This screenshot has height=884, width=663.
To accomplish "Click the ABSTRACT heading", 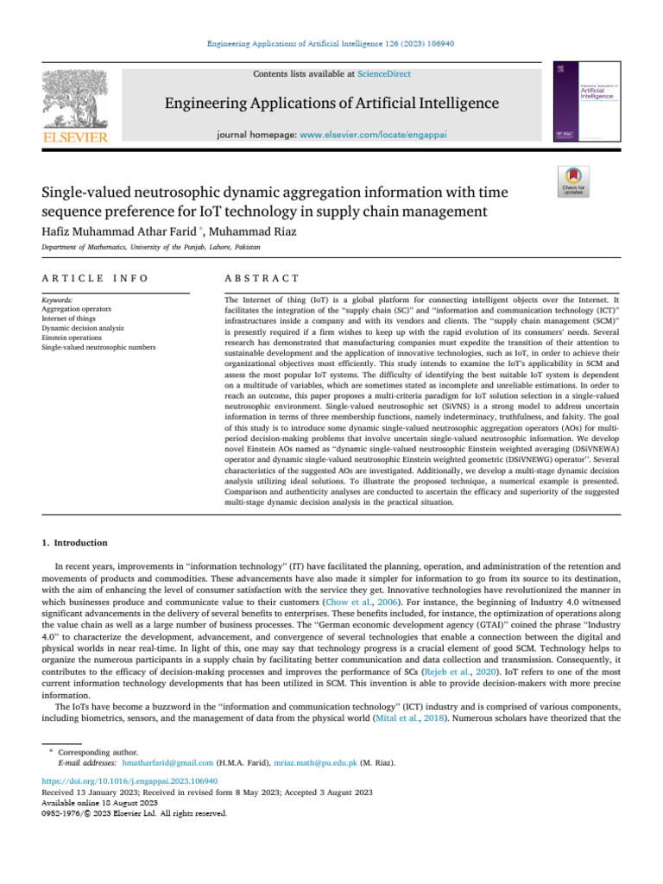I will [261, 278].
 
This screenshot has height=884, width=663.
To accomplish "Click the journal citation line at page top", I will [331, 43].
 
